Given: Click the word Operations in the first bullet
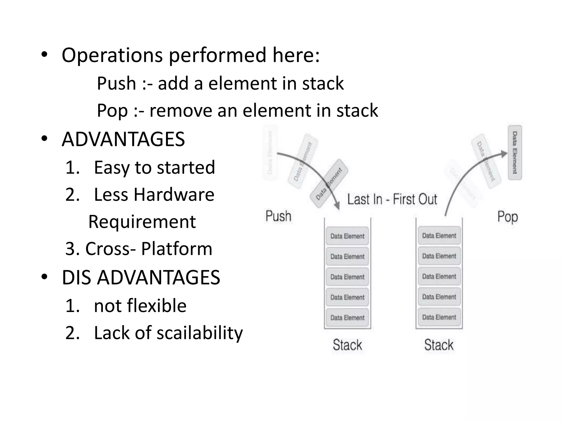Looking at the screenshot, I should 112,56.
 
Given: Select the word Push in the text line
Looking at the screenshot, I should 116,83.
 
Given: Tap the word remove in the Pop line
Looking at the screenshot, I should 181,111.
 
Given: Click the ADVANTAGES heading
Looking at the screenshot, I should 123,139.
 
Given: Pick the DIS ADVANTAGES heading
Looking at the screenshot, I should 141,277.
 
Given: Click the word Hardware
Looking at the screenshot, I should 174,195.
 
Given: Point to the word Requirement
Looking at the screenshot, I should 142,222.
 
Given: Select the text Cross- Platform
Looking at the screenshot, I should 148,249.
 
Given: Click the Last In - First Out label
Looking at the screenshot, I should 392,199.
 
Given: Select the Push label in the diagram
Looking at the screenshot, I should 278,216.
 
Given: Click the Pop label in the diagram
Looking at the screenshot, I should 507,217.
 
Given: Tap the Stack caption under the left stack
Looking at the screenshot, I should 347,345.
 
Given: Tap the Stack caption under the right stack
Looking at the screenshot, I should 439,345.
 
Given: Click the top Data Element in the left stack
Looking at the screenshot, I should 347,236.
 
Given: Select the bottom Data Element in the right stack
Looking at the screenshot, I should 439,317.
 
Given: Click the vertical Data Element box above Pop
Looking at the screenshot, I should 515,153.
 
